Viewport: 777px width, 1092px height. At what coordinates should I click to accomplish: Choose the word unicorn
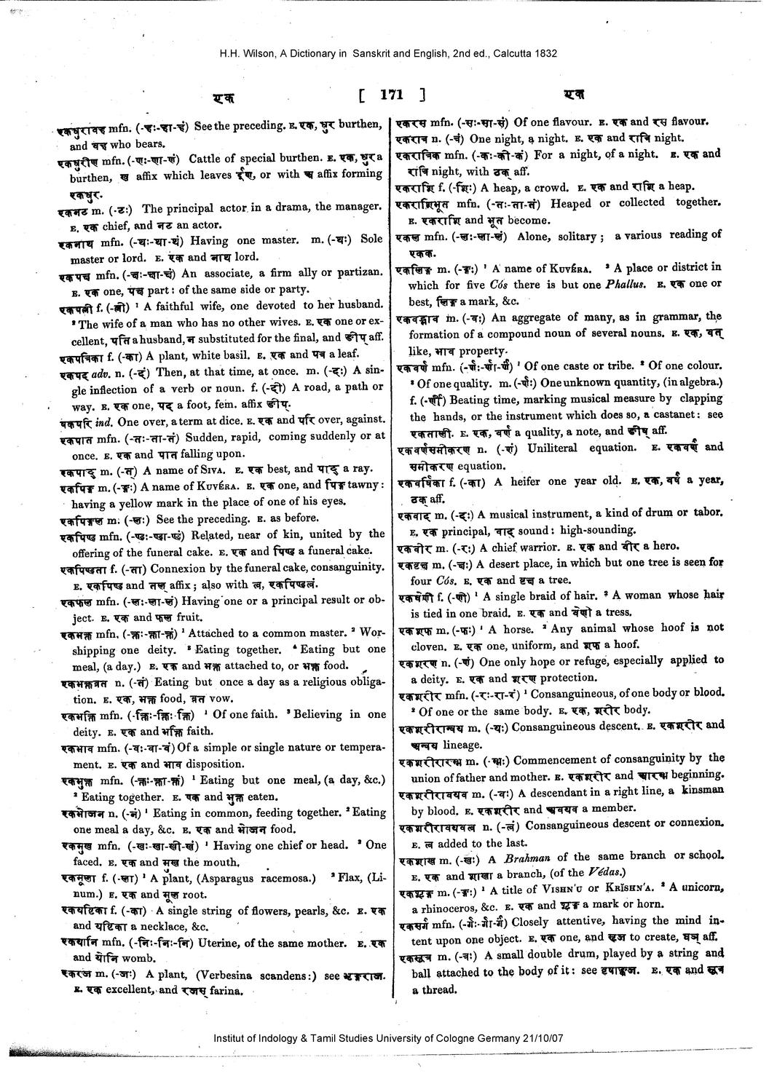(697, 887)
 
